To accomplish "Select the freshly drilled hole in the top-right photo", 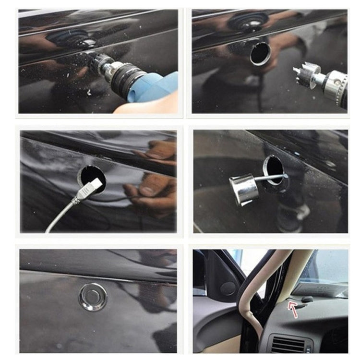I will (260, 54).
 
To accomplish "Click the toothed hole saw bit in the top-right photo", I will (307, 72).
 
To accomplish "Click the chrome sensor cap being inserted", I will (244, 189).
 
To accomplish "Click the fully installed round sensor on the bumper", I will (93, 297).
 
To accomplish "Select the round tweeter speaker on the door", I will (228, 288).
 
